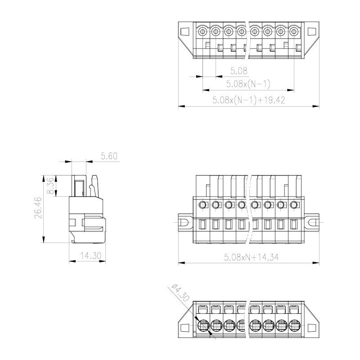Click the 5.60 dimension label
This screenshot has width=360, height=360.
(x=109, y=156)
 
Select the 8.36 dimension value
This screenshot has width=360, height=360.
(x=50, y=185)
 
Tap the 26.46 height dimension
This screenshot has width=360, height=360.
(x=38, y=207)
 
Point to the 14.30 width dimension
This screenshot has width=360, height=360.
(x=91, y=256)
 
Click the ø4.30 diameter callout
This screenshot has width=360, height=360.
(x=181, y=293)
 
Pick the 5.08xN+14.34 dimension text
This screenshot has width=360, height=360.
(x=252, y=257)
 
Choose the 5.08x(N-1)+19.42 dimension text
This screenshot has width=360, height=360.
(x=249, y=100)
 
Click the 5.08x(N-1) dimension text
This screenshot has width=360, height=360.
(x=248, y=84)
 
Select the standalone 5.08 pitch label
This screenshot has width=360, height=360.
(x=239, y=71)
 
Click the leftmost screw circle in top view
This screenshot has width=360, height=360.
(x=202, y=31)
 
